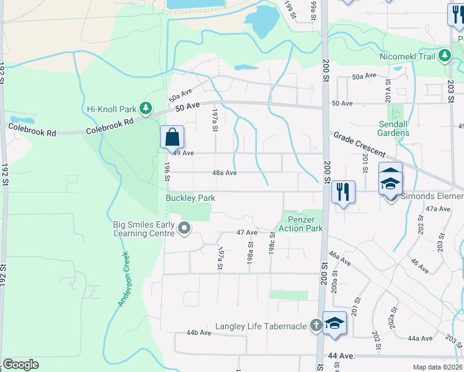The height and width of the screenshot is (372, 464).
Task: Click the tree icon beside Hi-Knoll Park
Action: pyautogui.click(x=146, y=109)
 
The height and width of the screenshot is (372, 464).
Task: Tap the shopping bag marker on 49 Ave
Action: pyautogui.click(x=172, y=138)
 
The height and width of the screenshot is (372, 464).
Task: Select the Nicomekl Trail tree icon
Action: pyautogui.click(x=444, y=56)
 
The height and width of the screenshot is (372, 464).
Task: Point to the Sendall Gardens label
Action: pyautogui.click(x=393, y=128)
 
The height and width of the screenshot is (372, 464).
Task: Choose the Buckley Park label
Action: pyautogui.click(x=190, y=198)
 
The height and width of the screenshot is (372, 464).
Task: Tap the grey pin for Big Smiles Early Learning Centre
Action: pyautogui.click(x=184, y=229)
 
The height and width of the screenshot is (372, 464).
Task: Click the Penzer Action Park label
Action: pyautogui.click(x=305, y=224)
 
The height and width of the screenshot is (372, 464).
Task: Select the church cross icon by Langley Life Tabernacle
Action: pyautogui.click(x=316, y=324)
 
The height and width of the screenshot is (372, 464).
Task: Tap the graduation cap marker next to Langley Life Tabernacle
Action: pyautogui.click(x=334, y=324)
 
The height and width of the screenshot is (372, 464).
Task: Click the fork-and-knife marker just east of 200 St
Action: pyautogui.click(x=343, y=192)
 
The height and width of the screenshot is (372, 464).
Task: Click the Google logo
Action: pyautogui.click(x=20, y=365)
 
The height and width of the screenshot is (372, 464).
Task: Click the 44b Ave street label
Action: pyautogui.click(x=199, y=333)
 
